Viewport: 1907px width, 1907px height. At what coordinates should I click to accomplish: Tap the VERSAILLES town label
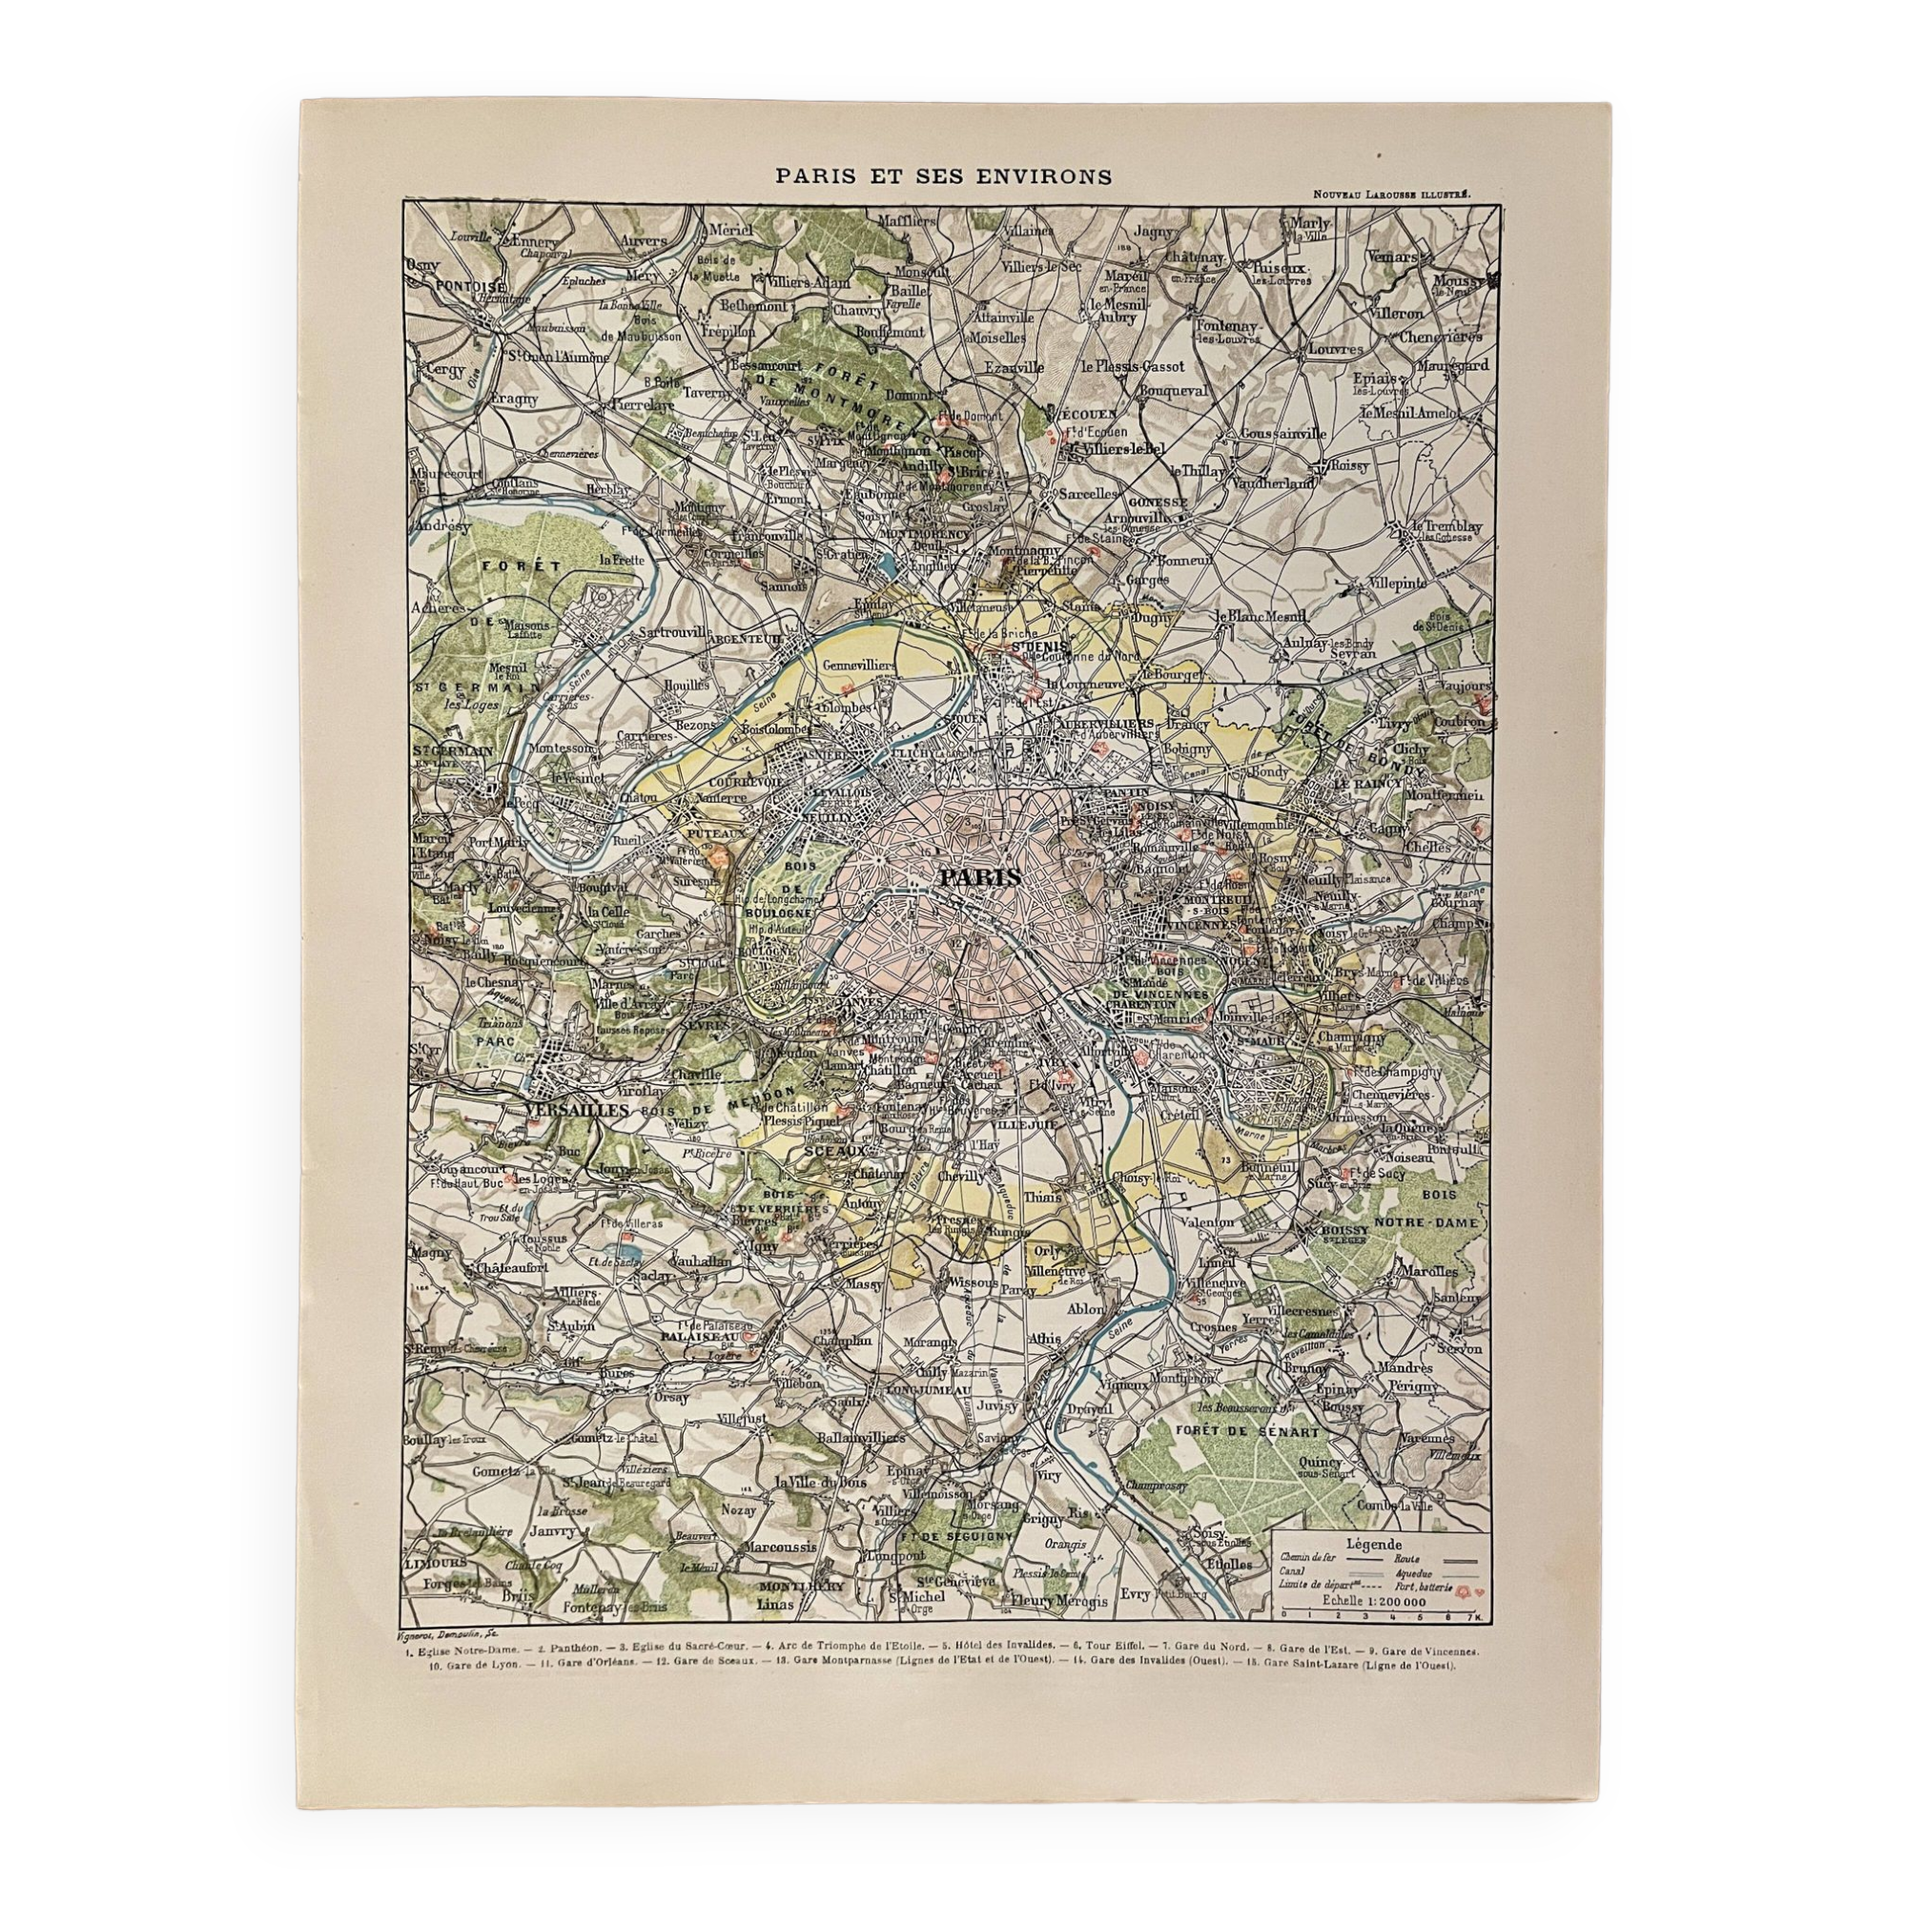pos(578,1111)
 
